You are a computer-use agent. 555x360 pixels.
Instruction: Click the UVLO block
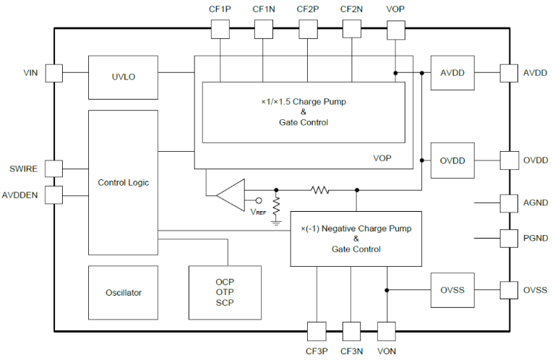123,77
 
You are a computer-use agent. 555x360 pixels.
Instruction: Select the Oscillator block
123,293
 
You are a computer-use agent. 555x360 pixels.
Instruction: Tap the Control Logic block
123,182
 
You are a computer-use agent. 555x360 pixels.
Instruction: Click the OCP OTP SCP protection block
225,292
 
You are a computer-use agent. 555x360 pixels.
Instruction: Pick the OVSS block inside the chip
452,291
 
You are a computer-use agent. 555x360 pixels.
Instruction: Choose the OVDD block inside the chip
452,160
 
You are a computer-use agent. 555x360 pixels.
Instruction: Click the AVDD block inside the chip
452,72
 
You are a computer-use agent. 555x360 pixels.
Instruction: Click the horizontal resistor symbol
319,190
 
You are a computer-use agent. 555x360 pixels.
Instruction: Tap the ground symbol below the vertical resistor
276,222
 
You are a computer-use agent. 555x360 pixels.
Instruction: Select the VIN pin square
54,72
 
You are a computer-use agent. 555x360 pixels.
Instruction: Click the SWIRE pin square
54,168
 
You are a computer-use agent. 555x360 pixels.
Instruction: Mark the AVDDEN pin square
54,194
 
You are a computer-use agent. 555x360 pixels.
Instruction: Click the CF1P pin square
220,29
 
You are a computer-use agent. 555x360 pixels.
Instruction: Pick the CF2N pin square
352,29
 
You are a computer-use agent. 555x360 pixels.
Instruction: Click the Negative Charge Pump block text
356,239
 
